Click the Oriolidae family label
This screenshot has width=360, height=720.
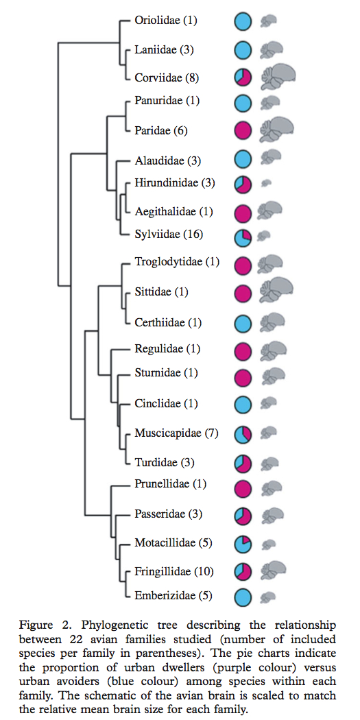click(x=166, y=21)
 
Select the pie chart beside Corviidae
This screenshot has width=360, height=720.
click(x=243, y=77)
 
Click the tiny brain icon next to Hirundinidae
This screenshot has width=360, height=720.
click(x=266, y=183)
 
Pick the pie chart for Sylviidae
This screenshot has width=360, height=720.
click(x=243, y=237)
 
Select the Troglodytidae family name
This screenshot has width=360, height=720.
click(x=177, y=262)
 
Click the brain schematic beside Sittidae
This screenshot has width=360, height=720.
click(x=276, y=291)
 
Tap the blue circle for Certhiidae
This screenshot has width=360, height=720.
click(x=243, y=324)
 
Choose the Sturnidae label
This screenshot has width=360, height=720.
click(x=166, y=373)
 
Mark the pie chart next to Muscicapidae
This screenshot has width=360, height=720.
click(x=243, y=434)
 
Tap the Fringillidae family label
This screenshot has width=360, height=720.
click(x=173, y=572)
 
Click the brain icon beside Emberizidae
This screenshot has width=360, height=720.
click(x=267, y=597)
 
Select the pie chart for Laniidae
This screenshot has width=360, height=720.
click(x=243, y=49)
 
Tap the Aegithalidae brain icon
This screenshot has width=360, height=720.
click(x=269, y=211)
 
